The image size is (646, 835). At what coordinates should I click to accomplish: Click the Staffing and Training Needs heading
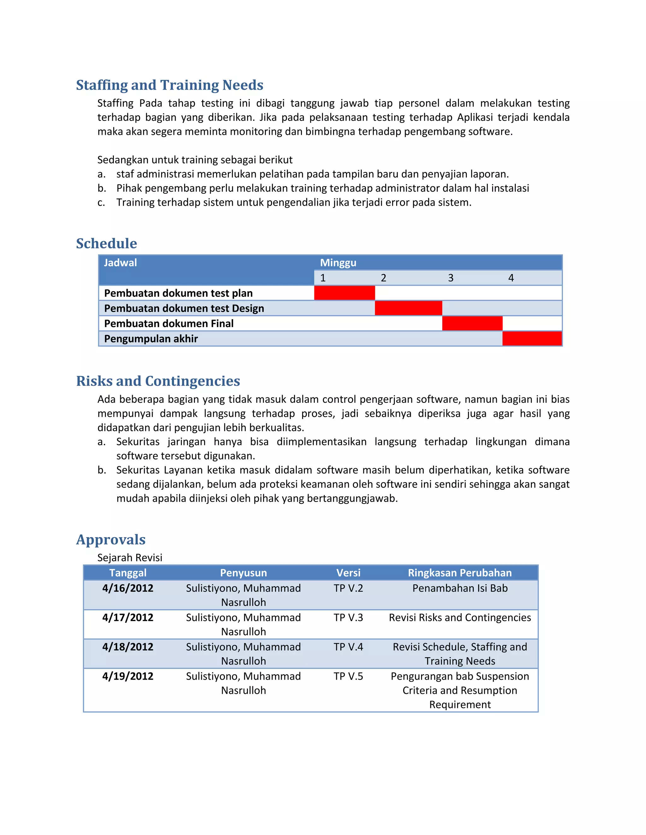(x=169, y=85)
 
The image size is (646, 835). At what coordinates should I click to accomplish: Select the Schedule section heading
(x=106, y=244)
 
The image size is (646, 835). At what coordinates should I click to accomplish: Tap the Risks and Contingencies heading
(x=158, y=381)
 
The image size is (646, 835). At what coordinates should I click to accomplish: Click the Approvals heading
(x=111, y=539)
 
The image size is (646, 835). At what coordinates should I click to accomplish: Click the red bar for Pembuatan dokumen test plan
(x=344, y=293)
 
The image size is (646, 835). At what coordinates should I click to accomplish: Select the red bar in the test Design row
(x=408, y=308)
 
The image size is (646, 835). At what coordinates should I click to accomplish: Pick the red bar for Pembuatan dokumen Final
(x=472, y=324)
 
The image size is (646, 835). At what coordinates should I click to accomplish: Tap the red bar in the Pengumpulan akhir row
(x=532, y=339)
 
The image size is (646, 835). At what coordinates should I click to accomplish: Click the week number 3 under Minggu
(x=451, y=278)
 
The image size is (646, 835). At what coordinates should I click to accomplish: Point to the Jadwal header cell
(x=120, y=263)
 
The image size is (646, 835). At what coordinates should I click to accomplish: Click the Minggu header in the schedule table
(x=338, y=263)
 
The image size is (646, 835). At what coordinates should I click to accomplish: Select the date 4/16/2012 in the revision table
(x=127, y=588)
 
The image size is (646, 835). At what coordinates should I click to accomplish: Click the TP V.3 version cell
(x=348, y=618)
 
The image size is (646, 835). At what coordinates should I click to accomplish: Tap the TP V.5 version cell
(x=348, y=676)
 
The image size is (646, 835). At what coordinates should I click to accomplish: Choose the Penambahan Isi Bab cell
(x=460, y=588)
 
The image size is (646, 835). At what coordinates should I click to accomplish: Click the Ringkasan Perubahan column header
(x=460, y=573)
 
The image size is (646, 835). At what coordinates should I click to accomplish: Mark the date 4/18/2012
(x=127, y=647)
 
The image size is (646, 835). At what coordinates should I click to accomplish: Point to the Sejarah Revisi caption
(x=130, y=557)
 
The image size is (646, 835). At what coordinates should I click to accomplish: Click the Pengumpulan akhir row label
(x=151, y=339)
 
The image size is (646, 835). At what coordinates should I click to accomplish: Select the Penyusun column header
(x=244, y=573)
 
